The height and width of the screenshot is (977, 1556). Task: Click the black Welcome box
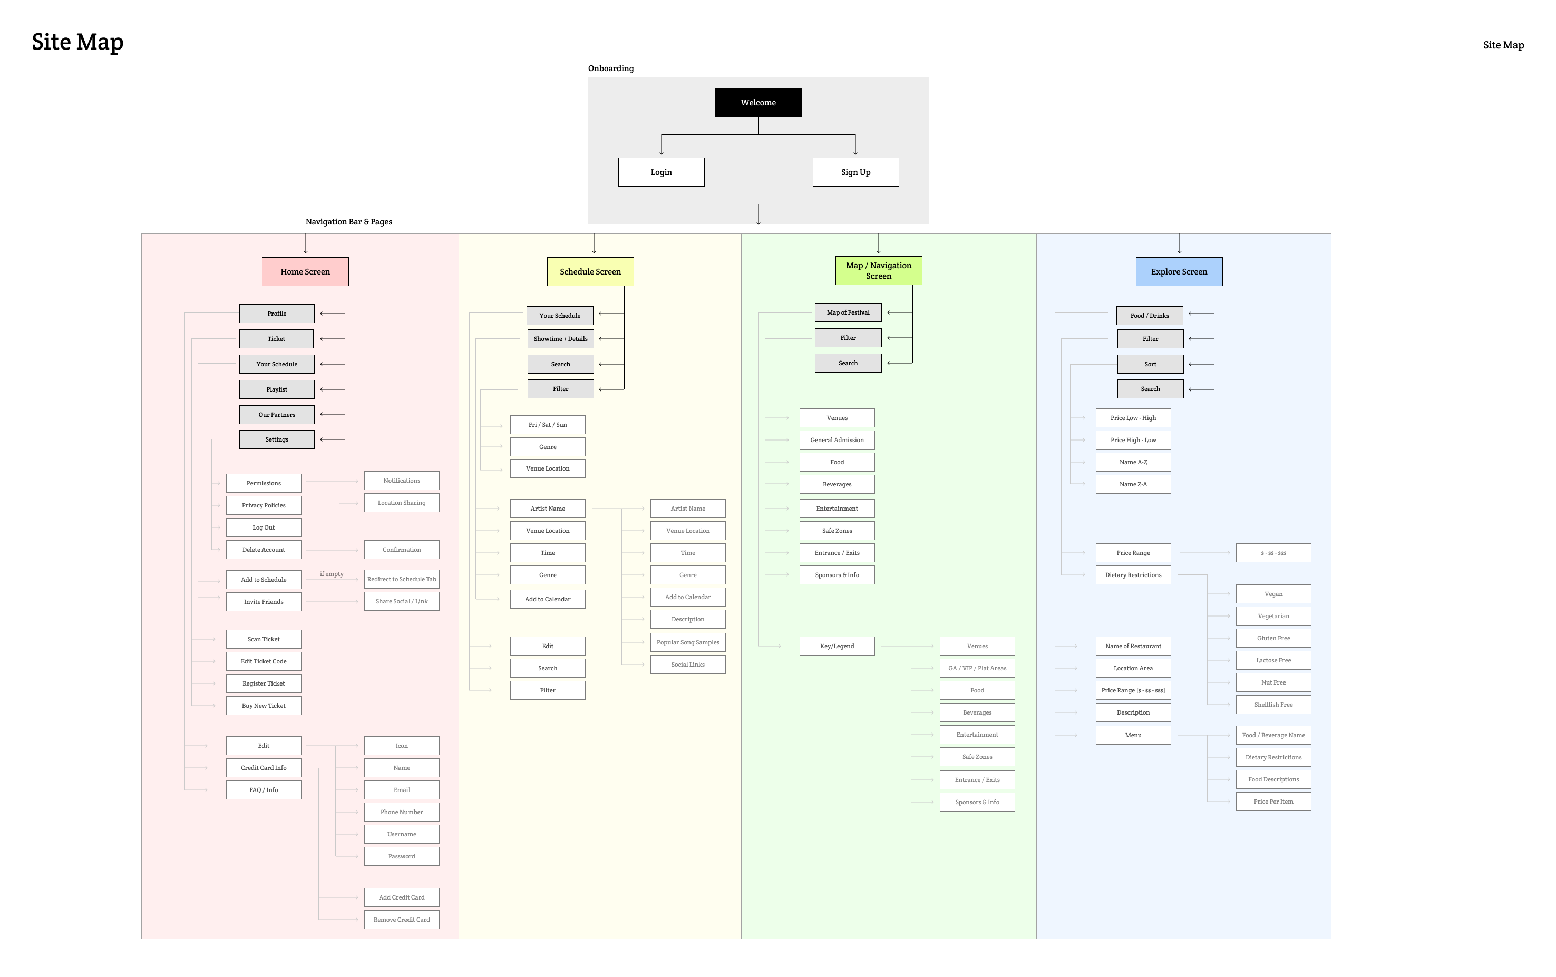tap(758, 103)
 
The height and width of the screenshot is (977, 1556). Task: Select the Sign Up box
tap(855, 172)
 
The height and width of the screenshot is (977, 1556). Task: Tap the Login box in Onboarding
tap(661, 172)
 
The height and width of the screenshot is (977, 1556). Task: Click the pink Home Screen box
tap(305, 272)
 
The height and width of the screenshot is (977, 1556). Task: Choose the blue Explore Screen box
tap(1179, 272)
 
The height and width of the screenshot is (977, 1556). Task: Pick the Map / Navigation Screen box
tap(878, 271)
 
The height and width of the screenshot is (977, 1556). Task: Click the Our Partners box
tap(277, 415)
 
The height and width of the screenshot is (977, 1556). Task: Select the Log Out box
tap(264, 527)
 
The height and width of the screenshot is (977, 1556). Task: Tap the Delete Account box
tap(264, 550)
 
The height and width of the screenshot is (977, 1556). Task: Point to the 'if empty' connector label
tap(332, 574)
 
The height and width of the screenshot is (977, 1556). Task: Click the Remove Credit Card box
tap(401, 920)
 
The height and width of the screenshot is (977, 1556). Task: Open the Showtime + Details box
tap(560, 339)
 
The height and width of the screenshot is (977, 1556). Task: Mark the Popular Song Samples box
tap(687, 642)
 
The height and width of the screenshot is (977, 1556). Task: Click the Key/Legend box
tap(837, 646)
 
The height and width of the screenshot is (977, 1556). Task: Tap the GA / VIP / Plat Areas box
tap(977, 668)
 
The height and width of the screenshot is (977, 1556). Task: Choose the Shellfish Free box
tap(1273, 705)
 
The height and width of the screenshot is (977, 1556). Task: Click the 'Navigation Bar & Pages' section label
tap(348, 222)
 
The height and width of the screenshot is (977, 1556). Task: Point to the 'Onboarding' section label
tap(610, 69)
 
